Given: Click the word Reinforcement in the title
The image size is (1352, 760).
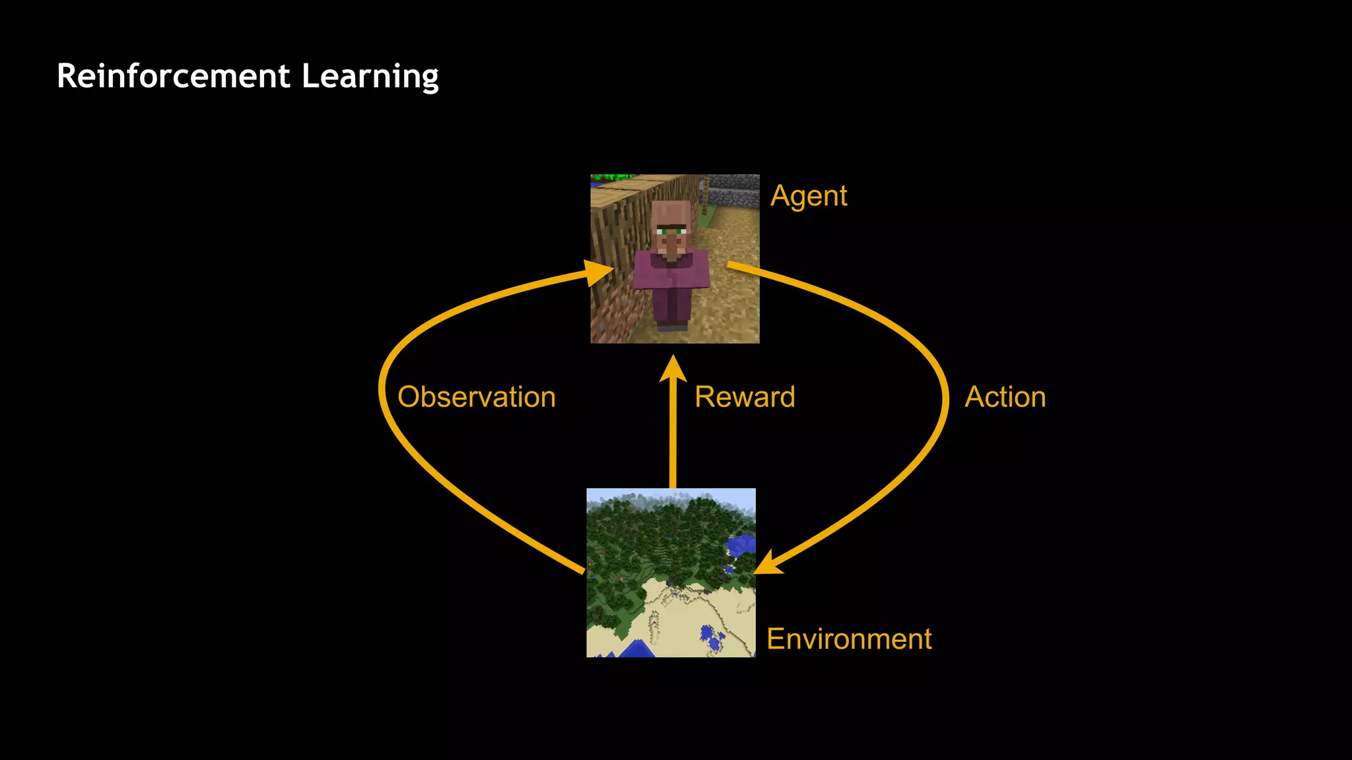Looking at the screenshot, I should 173,76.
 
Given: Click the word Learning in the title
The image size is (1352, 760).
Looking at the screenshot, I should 370,77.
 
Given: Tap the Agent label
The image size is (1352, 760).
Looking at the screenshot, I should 809,197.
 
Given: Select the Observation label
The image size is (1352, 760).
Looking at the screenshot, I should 477,397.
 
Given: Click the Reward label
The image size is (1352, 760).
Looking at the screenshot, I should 745,397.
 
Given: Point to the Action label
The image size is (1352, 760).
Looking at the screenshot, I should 1005,397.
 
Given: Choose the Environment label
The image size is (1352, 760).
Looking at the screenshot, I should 849,639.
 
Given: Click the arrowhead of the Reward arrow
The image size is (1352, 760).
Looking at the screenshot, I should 673,368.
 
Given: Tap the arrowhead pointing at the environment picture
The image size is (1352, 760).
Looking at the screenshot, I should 767,565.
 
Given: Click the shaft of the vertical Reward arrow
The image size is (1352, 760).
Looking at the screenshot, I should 673,435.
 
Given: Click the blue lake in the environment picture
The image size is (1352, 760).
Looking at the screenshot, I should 741,545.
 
